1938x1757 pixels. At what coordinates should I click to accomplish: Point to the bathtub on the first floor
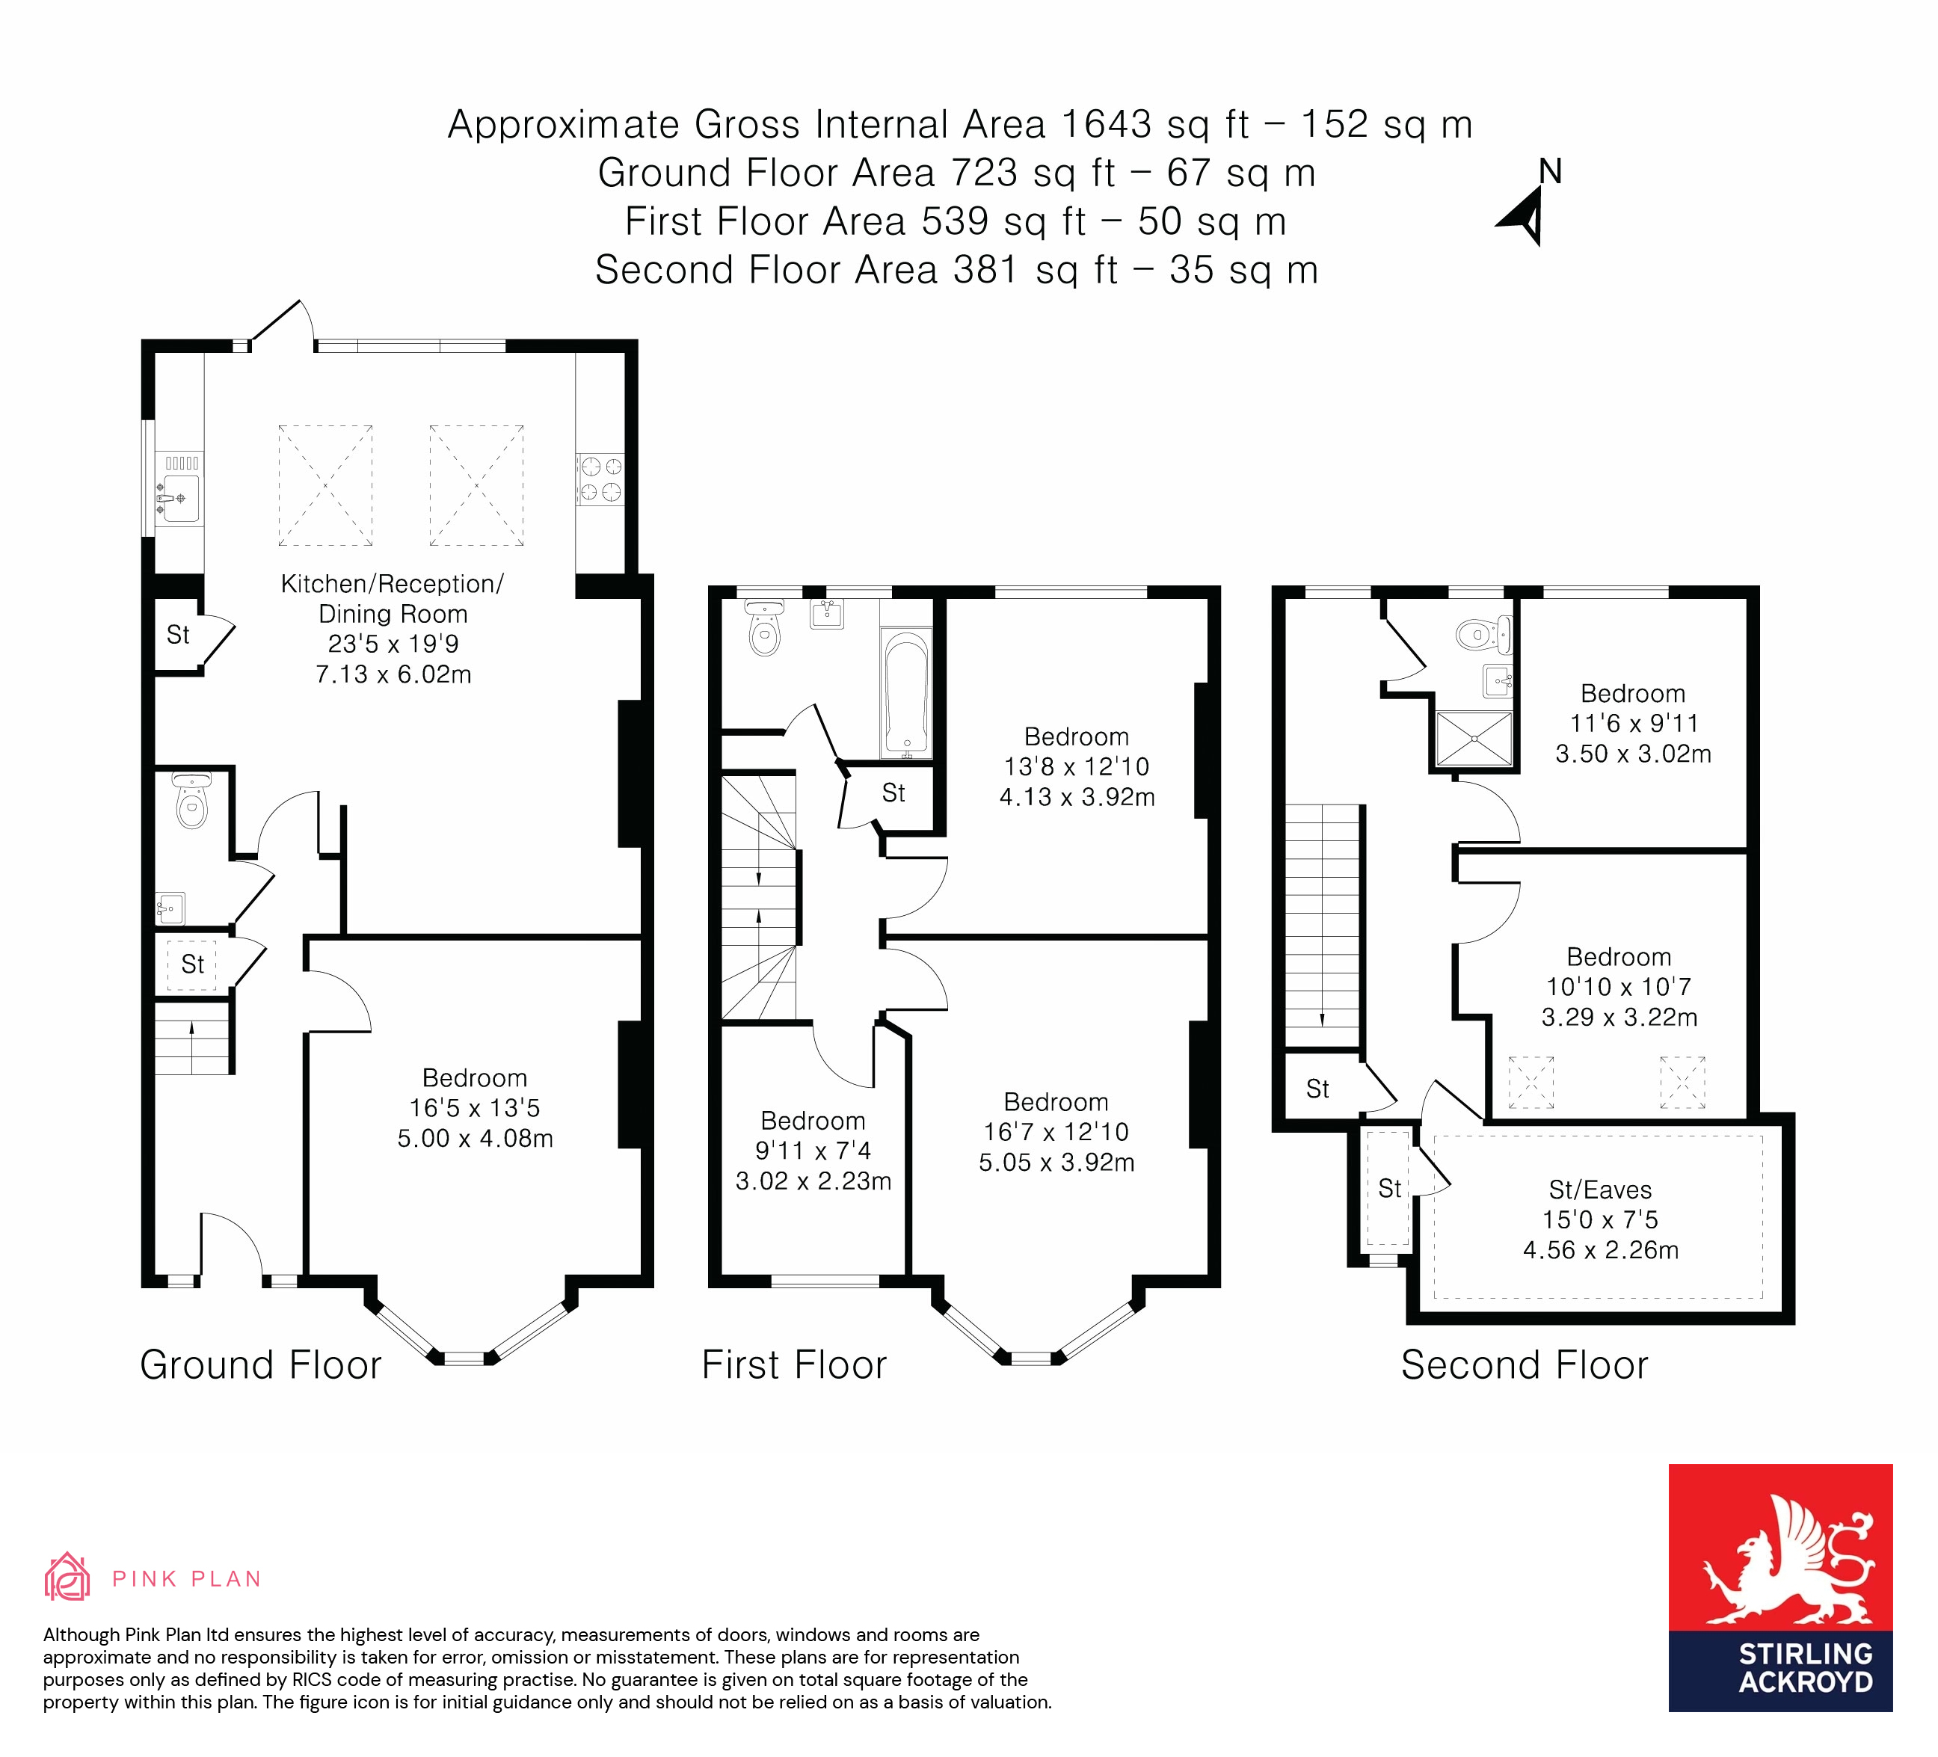(905, 693)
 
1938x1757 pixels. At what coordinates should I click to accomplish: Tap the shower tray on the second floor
(1474, 738)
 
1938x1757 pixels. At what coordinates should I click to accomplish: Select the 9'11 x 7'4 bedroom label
(813, 1151)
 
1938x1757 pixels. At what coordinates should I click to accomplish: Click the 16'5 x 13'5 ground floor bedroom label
(475, 1107)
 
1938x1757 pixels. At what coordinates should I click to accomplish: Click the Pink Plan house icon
(67, 1578)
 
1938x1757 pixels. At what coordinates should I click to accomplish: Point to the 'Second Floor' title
(1524, 1364)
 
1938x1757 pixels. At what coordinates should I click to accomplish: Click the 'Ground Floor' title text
(260, 1364)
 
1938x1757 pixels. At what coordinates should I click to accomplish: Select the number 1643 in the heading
(1106, 125)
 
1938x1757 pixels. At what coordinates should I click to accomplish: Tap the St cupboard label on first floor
(893, 793)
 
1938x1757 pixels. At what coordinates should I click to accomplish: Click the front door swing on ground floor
(232, 1246)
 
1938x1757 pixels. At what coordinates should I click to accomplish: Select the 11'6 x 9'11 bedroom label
(1632, 723)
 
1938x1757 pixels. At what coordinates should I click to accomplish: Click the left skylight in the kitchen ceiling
(325, 485)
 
